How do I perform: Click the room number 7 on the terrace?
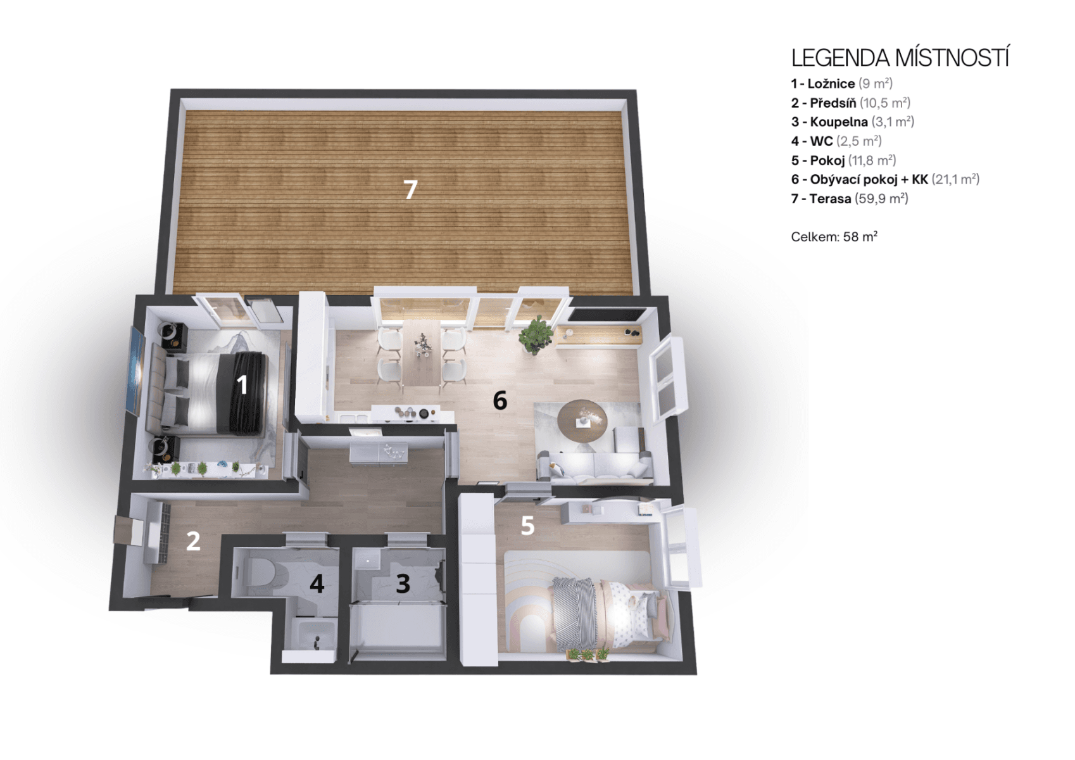coord(411,189)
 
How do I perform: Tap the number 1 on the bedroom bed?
coord(242,384)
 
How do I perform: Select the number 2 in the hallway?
coord(193,541)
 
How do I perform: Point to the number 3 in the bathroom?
coord(403,583)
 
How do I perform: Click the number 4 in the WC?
coord(317,583)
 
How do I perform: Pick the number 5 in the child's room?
coord(527,526)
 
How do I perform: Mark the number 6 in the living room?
coord(500,400)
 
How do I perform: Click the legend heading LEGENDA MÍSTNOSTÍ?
coord(900,58)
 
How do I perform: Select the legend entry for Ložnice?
coord(841,84)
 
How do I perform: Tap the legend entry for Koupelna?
coord(852,122)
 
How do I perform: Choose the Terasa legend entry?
coord(849,199)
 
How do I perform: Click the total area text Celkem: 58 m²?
coord(834,237)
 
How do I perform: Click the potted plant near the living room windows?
coord(536,334)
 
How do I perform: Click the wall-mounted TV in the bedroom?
coord(135,371)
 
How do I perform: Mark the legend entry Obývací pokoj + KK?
coord(884,179)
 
